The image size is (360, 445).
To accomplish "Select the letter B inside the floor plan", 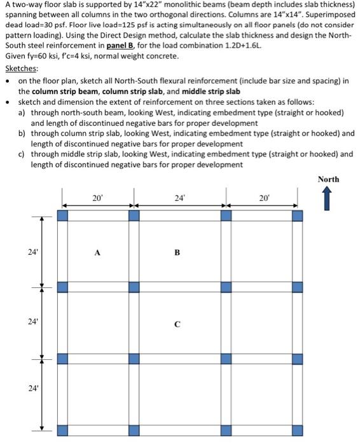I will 177,252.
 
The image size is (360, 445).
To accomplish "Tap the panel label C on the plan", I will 177,325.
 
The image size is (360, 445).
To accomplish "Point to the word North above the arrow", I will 328,179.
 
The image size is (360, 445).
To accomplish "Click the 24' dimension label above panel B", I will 179,198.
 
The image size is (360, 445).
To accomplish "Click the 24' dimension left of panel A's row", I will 32,251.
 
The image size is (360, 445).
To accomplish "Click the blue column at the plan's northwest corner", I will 62,216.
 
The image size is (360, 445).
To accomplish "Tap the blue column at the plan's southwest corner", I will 62,430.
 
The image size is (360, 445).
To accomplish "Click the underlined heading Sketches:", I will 21,69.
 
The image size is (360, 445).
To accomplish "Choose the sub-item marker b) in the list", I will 22,133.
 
